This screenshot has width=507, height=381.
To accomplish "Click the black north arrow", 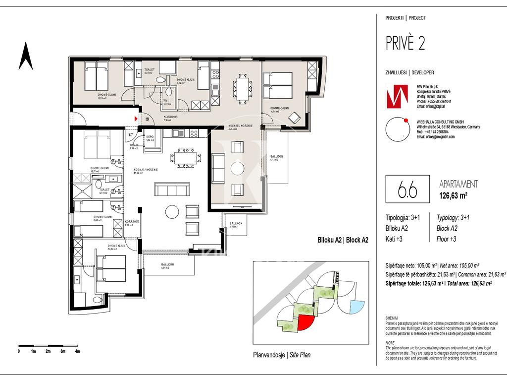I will point(26,56).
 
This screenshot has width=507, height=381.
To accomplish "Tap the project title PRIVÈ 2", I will point(405,44).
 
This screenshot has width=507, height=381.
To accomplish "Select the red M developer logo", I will point(397,96).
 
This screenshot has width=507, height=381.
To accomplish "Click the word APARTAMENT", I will point(458,184).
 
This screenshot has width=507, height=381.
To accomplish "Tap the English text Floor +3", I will point(446,239).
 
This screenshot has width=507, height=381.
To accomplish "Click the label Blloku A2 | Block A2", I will point(343,240).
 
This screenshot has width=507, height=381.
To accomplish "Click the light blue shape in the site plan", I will point(355,307).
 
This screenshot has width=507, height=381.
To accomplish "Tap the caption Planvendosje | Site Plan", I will point(282,355).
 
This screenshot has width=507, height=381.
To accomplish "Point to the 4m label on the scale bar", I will point(77,351).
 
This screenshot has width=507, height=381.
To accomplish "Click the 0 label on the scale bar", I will point(19,351).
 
